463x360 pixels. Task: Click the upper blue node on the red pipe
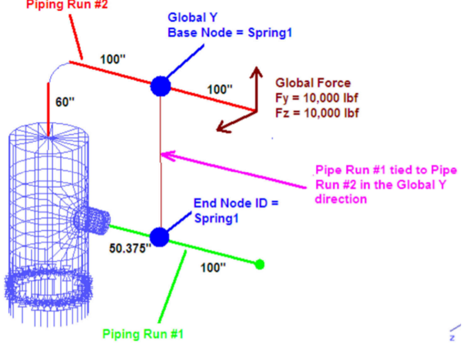[x=161, y=86]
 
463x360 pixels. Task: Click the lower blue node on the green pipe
[x=159, y=236]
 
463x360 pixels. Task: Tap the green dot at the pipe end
[x=260, y=264]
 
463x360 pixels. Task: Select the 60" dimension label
[x=65, y=102]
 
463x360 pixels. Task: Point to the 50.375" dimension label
[x=130, y=248]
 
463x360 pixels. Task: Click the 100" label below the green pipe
[x=213, y=267]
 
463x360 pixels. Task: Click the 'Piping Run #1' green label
[x=143, y=334]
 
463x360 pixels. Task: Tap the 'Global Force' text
[x=312, y=83]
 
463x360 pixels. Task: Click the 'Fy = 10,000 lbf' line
[x=317, y=98]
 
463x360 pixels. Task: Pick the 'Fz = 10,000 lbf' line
[x=317, y=112]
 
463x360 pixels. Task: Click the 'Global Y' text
[x=192, y=18]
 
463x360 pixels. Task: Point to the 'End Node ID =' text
[x=236, y=203]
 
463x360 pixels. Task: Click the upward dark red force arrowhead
[x=256, y=71]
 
